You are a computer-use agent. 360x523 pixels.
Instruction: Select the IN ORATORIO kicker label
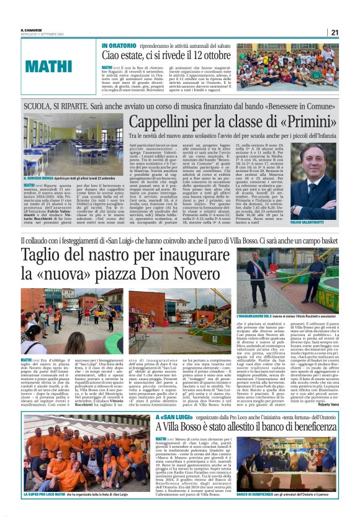117,47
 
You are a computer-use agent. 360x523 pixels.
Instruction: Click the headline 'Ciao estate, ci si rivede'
163,57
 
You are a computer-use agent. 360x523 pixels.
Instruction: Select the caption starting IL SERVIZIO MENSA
53,178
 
